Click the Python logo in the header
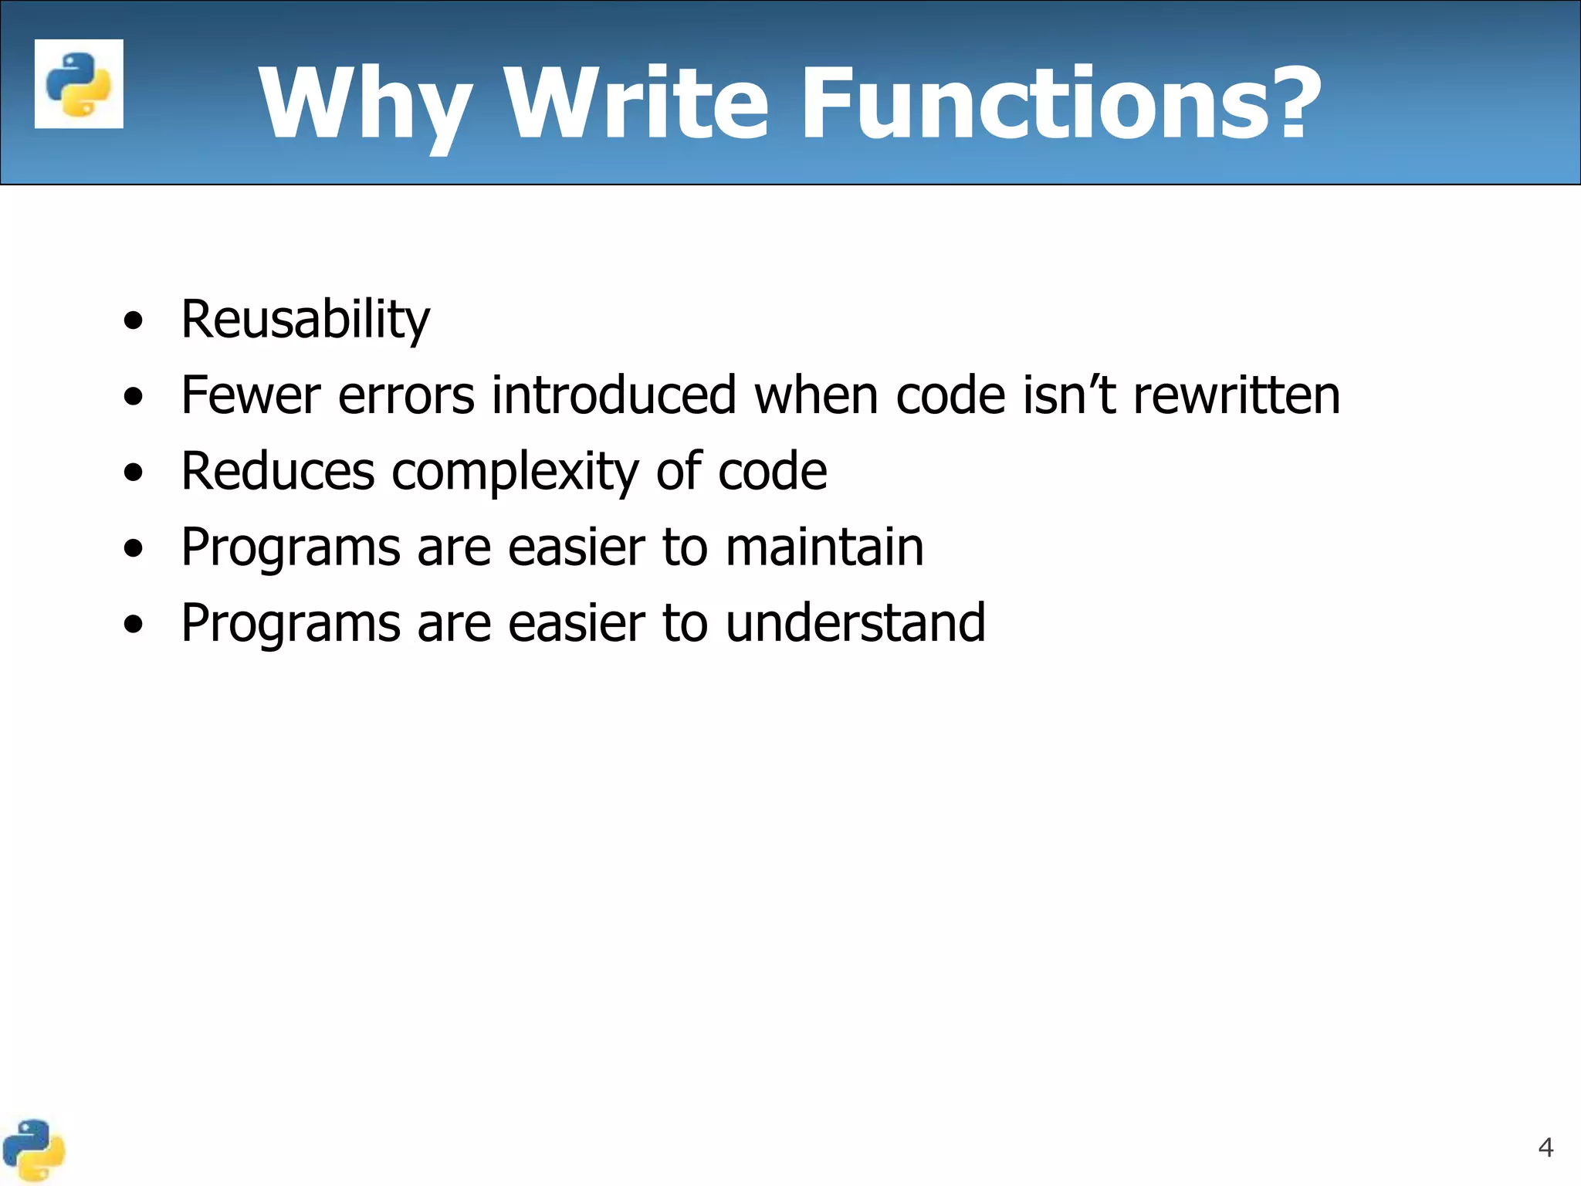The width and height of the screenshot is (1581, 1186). [79, 83]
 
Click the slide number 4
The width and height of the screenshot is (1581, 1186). [1545, 1147]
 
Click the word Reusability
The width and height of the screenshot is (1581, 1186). [305, 320]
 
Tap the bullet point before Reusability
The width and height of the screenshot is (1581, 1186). [133, 320]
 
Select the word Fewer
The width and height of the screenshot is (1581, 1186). [250, 395]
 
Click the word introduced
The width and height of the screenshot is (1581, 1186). [614, 395]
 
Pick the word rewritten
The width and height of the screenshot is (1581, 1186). [1236, 395]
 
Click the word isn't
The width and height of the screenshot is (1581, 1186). [1069, 395]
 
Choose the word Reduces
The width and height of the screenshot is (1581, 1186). [278, 471]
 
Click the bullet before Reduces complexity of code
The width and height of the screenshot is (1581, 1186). [133, 473]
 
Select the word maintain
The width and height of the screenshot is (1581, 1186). [824, 547]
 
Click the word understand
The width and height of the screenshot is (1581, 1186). [855, 622]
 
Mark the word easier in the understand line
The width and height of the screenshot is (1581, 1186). [576, 622]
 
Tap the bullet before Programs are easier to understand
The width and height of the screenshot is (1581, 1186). [133, 624]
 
